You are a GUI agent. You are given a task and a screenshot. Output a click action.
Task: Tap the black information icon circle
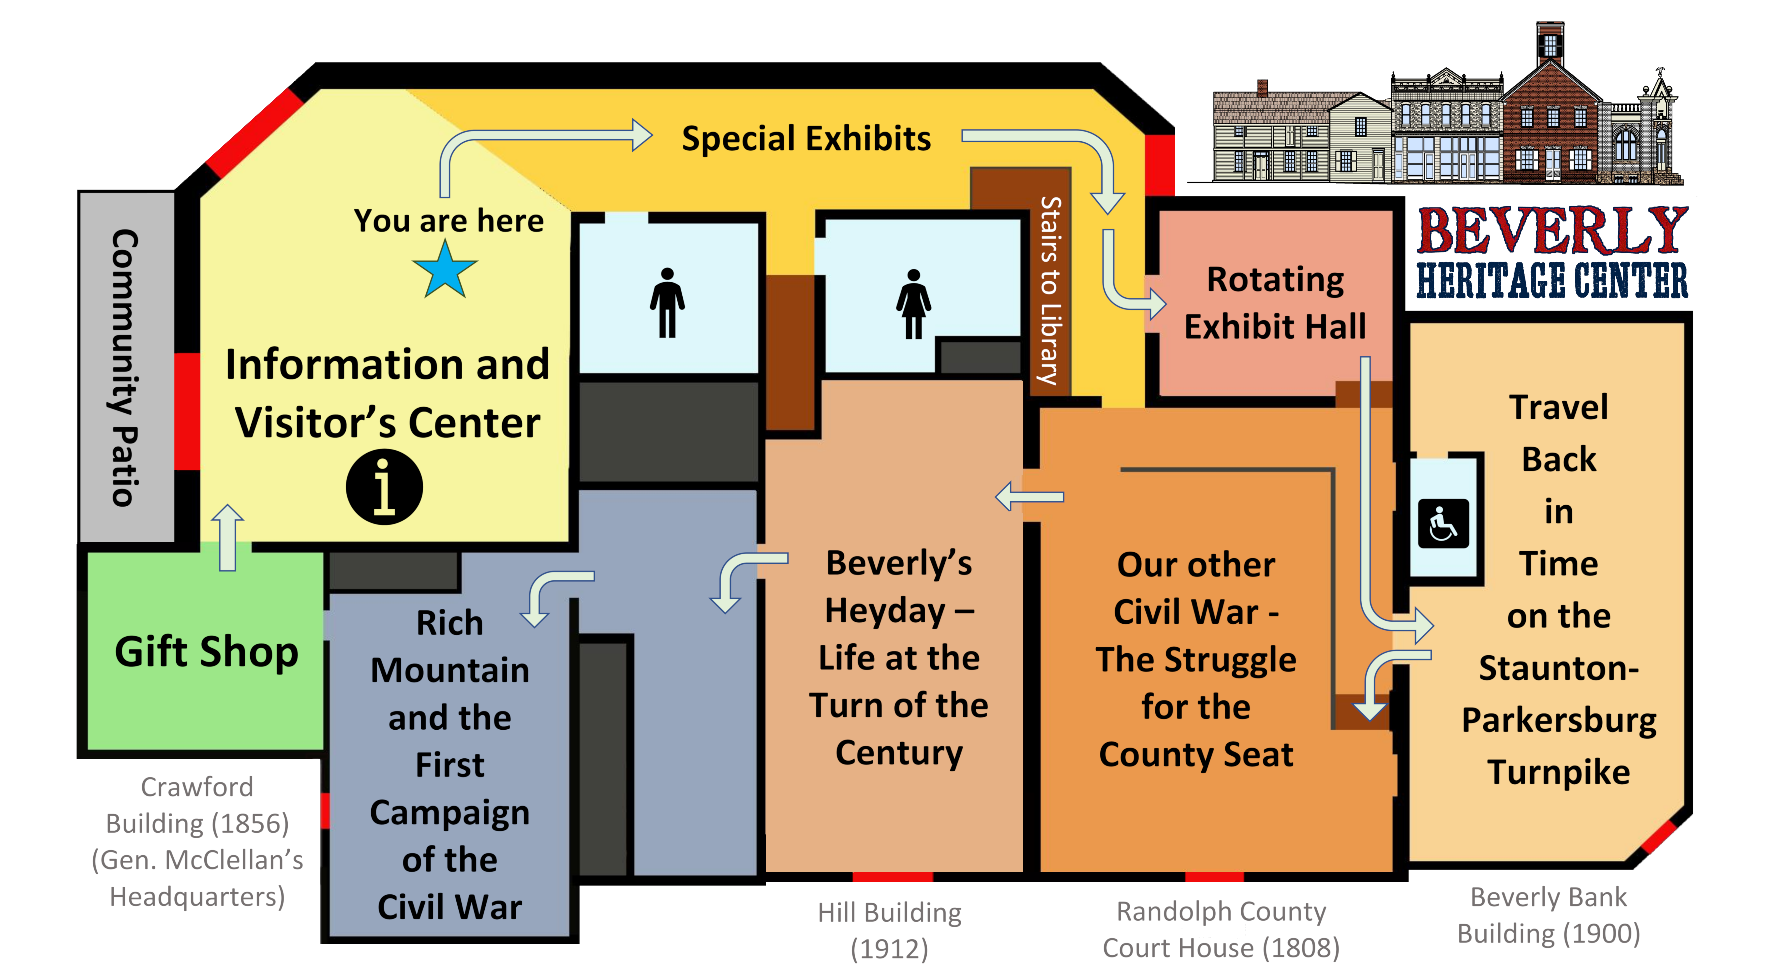click(x=384, y=487)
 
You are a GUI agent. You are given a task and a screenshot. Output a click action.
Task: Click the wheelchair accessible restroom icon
click(x=1443, y=524)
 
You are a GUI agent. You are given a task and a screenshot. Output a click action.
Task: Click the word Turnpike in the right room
click(x=1558, y=772)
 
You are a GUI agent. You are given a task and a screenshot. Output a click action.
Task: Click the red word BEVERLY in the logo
click(x=1558, y=226)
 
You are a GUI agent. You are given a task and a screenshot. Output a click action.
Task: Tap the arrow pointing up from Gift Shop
click(x=228, y=538)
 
